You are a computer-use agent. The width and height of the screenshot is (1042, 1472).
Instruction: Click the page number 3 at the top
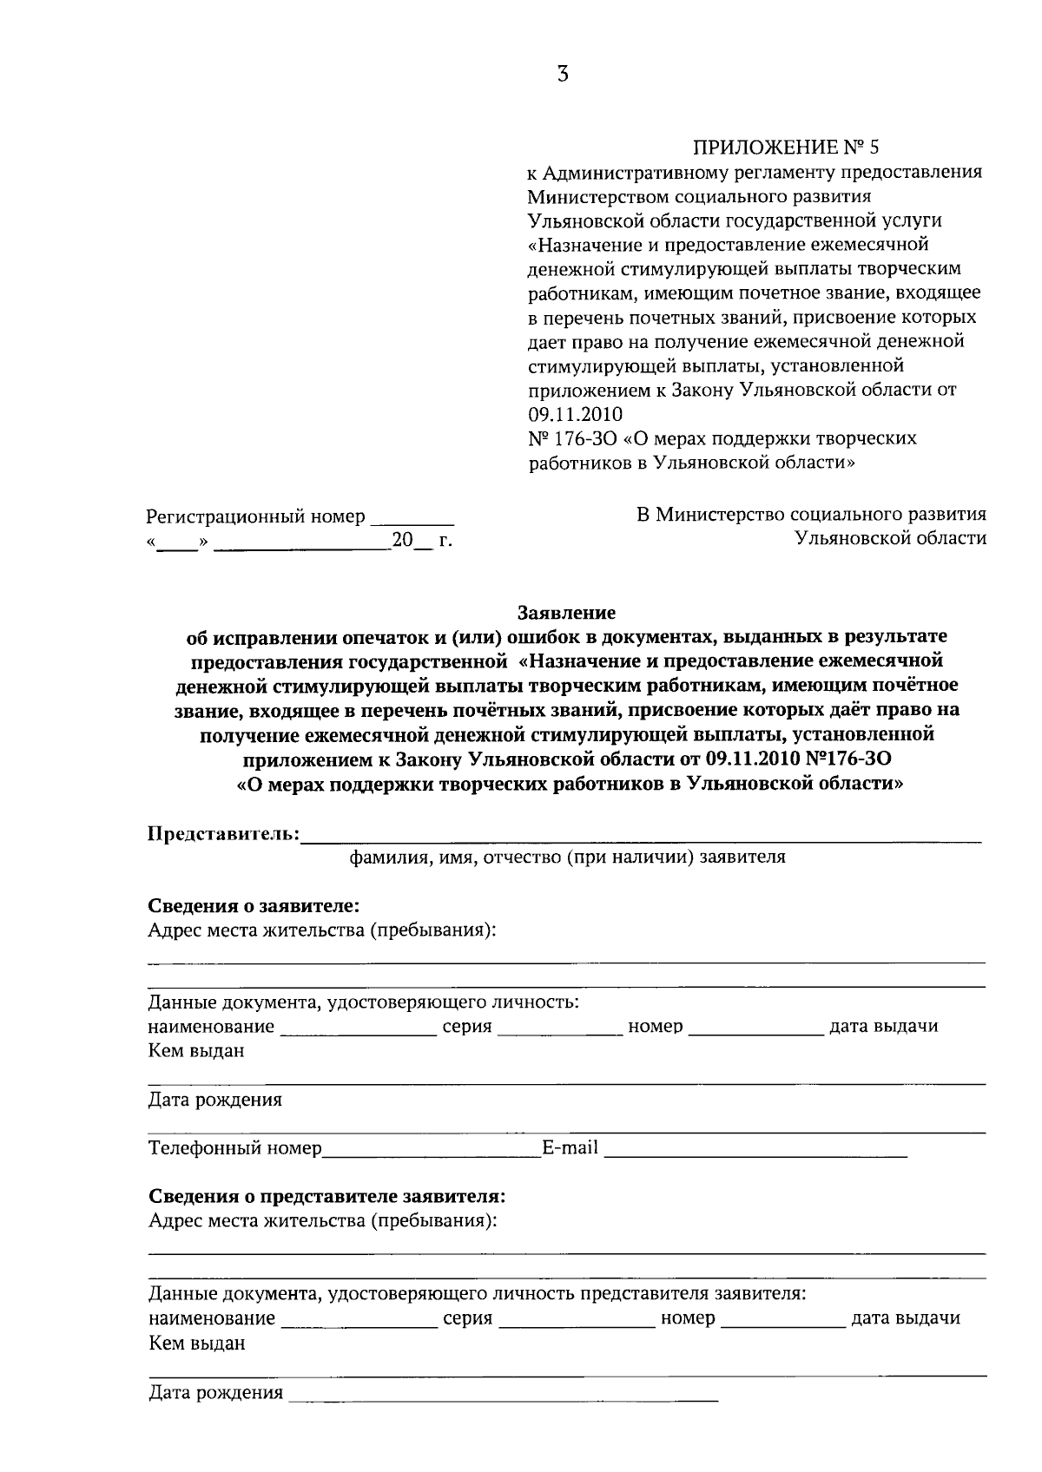pyautogui.click(x=563, y=75)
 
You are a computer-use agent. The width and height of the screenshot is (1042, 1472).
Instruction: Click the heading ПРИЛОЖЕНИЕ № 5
pyautogui.click(x=787, y=146)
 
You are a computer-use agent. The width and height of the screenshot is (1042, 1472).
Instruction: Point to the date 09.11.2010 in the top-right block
pyautogui.click(x=575, y=414)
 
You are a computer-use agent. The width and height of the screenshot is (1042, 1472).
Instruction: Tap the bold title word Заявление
pyautogui.click(x=566, y=613)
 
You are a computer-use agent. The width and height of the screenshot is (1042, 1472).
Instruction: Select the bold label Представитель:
pyautogui.click(x=224, y=834)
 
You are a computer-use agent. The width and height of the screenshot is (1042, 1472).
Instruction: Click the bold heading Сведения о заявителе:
pyautogui.click(x=254, y=906)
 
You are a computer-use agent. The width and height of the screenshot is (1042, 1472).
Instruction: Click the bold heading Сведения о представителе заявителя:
pyautogui.click(x=326, y=1197)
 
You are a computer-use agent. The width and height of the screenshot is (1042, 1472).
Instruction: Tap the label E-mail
pyautogui.click(x=570, y=1148)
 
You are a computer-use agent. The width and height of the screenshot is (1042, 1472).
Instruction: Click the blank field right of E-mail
pyautogui.click(x=755, y=1153)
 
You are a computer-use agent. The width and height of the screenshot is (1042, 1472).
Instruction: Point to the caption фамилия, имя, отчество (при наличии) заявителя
pyautogui.click(x=567, y=858)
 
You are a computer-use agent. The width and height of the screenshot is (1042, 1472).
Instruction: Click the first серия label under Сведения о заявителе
pyautogui.click(x=467, y=1027)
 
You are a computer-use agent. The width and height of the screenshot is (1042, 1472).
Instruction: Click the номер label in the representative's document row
pyautogui.click(x=688, y=1318)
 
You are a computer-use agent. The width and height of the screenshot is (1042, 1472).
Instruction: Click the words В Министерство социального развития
pyautogui.click(x=811, y=515)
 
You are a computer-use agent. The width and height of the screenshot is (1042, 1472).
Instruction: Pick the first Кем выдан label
pyautogui.click(x=196, y=1051)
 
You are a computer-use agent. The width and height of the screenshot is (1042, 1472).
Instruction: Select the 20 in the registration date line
pyautogui.click(x=402, y=540)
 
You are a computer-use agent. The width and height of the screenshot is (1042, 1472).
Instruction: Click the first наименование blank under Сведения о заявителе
pyautogui.click(x=359, y=1030)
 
